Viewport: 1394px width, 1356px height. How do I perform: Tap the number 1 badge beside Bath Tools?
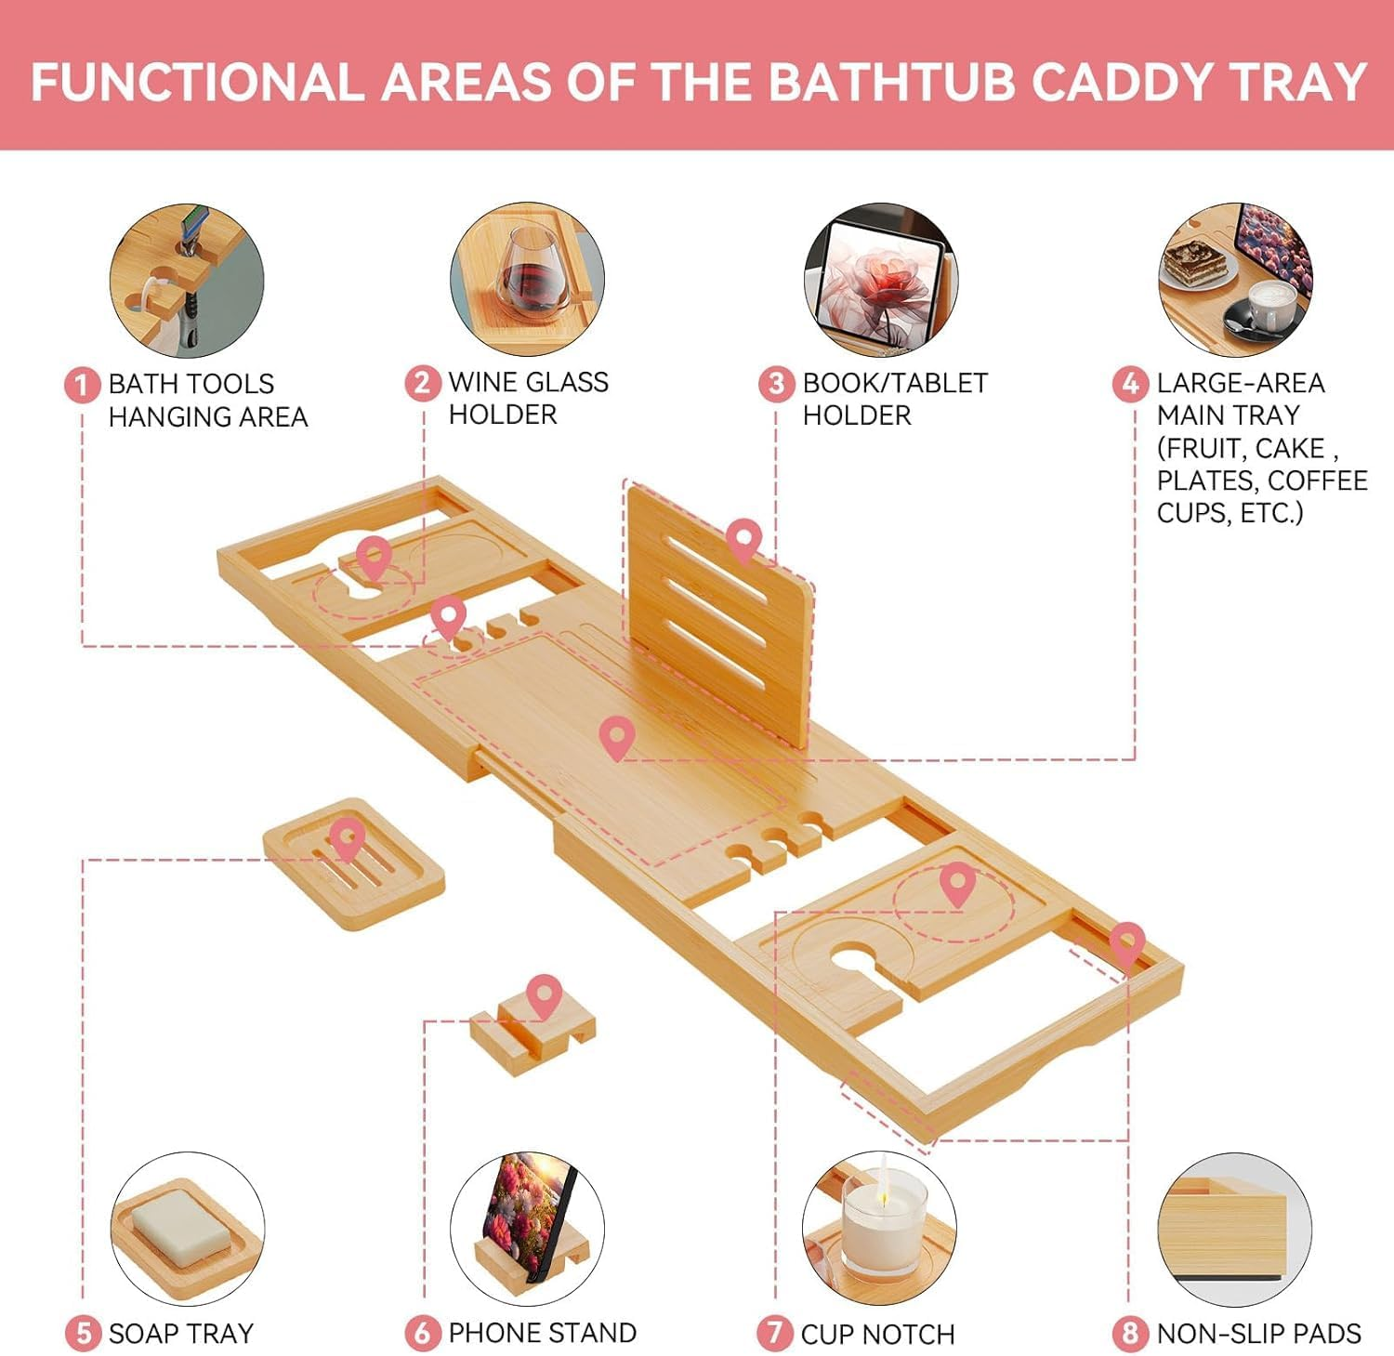(x=82, y=384)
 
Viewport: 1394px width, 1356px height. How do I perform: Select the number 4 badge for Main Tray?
(x=1130, y=383)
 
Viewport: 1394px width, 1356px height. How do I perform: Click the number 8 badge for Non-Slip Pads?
(x=1130, y=1334)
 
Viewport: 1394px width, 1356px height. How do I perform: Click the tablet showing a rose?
(x=879, y=279)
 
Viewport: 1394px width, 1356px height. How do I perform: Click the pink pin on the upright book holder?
(x=743, y=540)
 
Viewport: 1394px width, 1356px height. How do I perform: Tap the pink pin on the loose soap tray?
(x=347, y=839)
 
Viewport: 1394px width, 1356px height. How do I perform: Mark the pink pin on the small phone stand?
(x=544, y=995)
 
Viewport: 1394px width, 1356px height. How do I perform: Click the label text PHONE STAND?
(x=542, y=1333)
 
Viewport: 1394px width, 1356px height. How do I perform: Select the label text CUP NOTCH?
(x=877, y=1335)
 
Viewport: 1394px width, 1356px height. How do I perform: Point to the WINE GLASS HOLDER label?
(x=528, y=398)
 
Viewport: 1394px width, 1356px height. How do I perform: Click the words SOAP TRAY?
(x=180, y=1334)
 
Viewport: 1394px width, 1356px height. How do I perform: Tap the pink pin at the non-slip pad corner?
(x=1126, y=942)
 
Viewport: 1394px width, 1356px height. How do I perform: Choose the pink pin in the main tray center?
(x=617, y=736)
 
